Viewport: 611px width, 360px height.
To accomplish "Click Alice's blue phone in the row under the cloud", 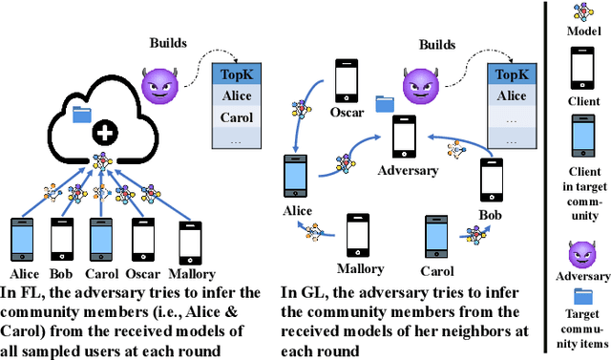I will pos(20,234).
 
